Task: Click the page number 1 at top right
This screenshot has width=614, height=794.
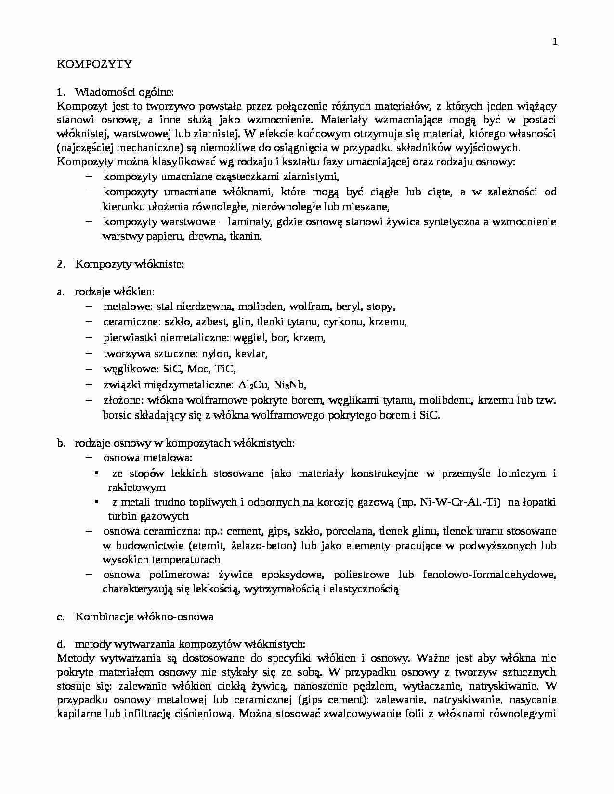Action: pos(555,42)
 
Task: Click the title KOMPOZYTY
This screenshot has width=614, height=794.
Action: pos(94,64)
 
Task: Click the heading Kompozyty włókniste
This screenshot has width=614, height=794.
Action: pos(130,264)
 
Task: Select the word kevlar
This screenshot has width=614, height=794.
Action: pos(251,354)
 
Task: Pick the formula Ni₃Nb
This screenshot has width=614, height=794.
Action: pos(289,385)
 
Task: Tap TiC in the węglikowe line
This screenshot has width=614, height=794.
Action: pos(225,369)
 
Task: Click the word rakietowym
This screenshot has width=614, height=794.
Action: pos(137,487)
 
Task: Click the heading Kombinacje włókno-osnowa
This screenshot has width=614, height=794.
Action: pos(144,616)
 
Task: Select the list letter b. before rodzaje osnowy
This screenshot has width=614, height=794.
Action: pos(61,443)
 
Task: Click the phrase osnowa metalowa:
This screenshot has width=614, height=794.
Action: pos(148,458)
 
